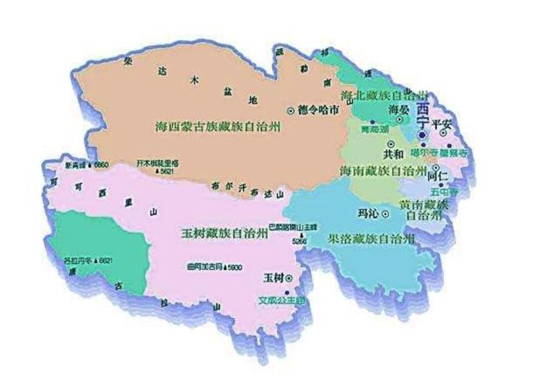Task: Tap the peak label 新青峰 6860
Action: (x=87, y=164)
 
